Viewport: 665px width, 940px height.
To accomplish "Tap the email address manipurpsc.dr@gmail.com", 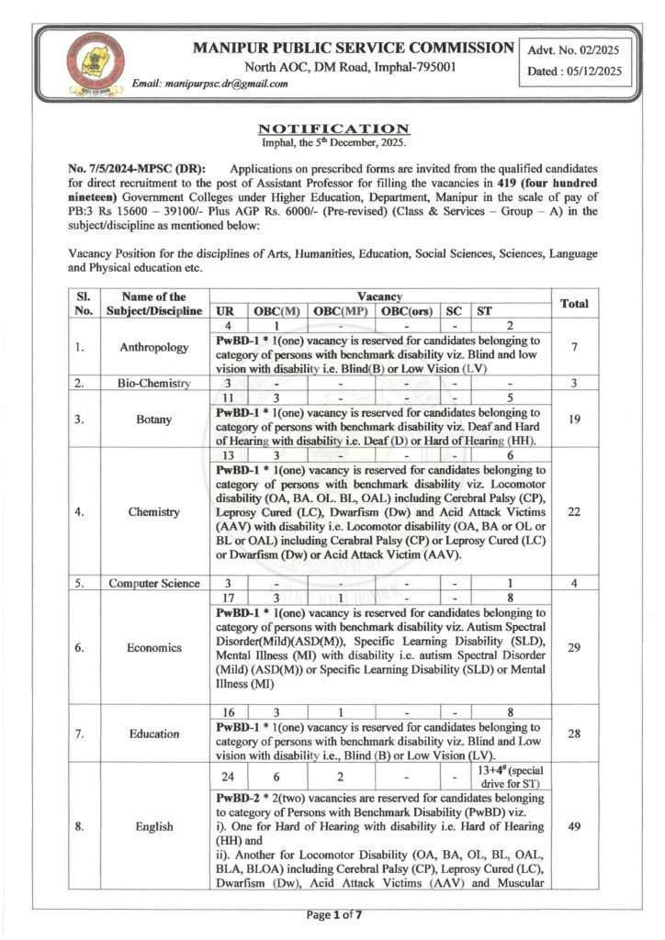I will (210, 84).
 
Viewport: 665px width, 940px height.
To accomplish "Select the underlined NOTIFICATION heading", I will (333, 128).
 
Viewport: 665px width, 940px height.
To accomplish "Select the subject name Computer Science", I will (154, 583).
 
